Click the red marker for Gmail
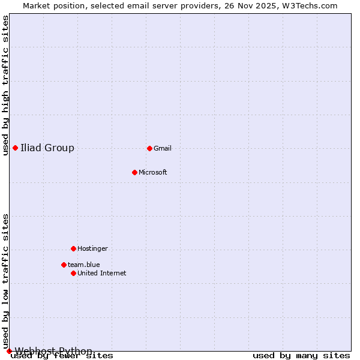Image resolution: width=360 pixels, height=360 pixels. coord(149,148)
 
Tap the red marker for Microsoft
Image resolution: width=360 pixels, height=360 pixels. coord(135,173)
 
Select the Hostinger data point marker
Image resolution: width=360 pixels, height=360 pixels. coord(73,248)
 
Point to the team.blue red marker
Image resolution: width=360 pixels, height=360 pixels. coord(64,265)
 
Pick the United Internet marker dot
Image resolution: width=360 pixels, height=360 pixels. coord(73,273)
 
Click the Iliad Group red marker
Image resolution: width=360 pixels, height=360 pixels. coord(15,148)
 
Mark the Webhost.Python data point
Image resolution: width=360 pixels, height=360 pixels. coord(9,351)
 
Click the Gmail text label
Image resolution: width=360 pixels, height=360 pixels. coord(163,149)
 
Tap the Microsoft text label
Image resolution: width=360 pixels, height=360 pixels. coord(153,173)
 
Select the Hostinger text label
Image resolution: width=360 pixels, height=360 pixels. coord(92,248)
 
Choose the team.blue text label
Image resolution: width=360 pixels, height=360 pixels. coord(84,265)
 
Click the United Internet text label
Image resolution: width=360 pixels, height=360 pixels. coord(102,274)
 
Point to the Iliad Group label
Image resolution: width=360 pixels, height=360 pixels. coord(47,148)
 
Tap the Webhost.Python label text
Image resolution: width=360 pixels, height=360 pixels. coord(54,351)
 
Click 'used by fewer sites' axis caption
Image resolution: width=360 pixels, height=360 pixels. coord(62,356)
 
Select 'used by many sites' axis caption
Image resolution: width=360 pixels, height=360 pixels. coord(301,356)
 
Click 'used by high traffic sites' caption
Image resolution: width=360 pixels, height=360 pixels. coord(5,85)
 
